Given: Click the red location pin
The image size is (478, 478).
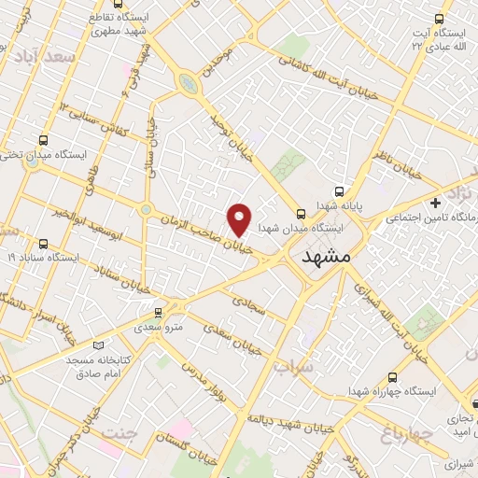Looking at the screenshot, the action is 240,218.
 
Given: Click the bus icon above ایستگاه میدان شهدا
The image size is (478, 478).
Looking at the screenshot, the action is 301,213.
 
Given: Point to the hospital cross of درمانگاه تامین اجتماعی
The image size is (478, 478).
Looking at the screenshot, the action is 435,203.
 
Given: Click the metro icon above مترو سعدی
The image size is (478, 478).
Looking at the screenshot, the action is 159,313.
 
